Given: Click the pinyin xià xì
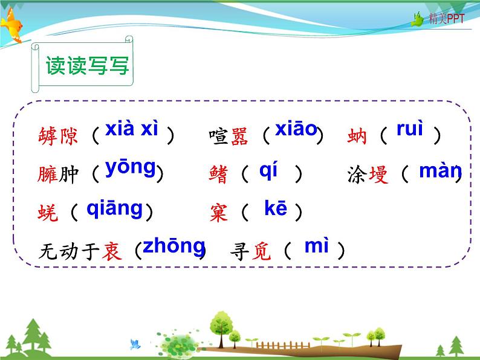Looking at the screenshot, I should [132, 129].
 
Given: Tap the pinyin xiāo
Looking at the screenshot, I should [296, 129].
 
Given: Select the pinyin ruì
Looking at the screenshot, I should [410, 129].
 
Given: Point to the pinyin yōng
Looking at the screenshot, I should [131, 167].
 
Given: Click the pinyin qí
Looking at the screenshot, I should [268, 171].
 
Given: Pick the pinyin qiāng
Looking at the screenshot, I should [115, 208].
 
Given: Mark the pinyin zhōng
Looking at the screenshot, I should [174, 246].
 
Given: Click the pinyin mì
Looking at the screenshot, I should [316, 246].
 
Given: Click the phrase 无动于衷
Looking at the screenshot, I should [80, 250].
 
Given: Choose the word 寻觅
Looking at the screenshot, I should [252, 250].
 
